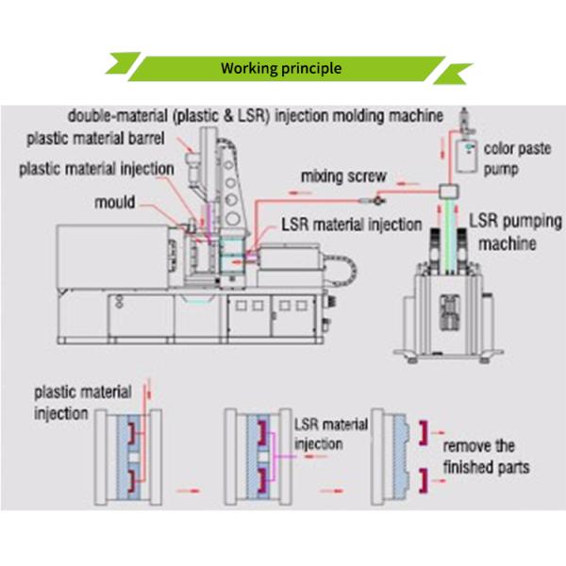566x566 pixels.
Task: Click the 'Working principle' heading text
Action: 281,69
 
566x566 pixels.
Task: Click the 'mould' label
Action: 114,202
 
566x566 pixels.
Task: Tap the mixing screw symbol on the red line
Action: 376,198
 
